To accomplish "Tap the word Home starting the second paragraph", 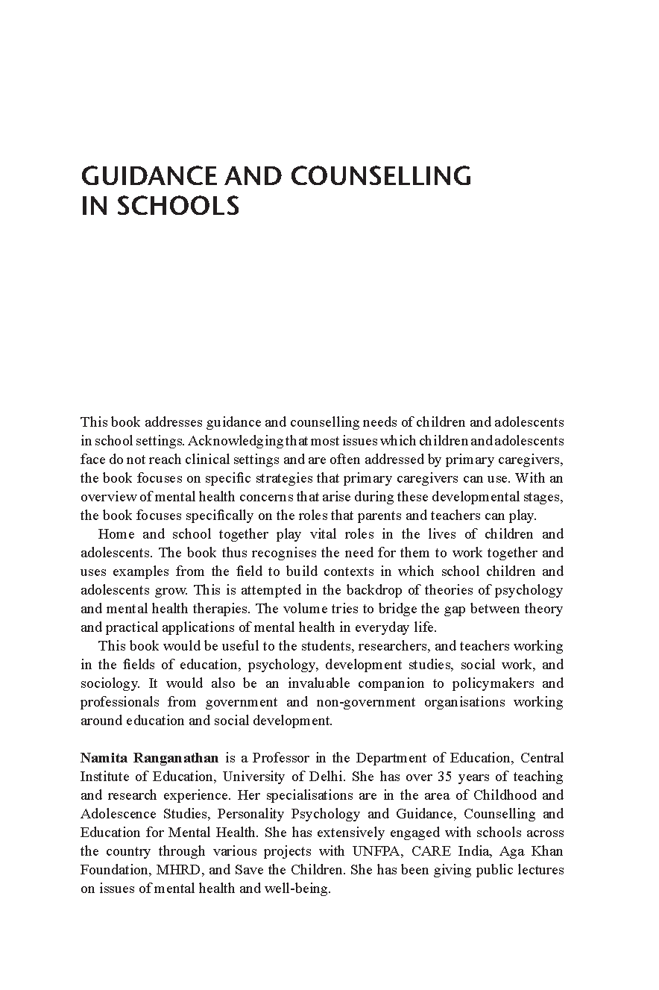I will coord(115,534).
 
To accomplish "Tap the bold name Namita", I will coord(102,758).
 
